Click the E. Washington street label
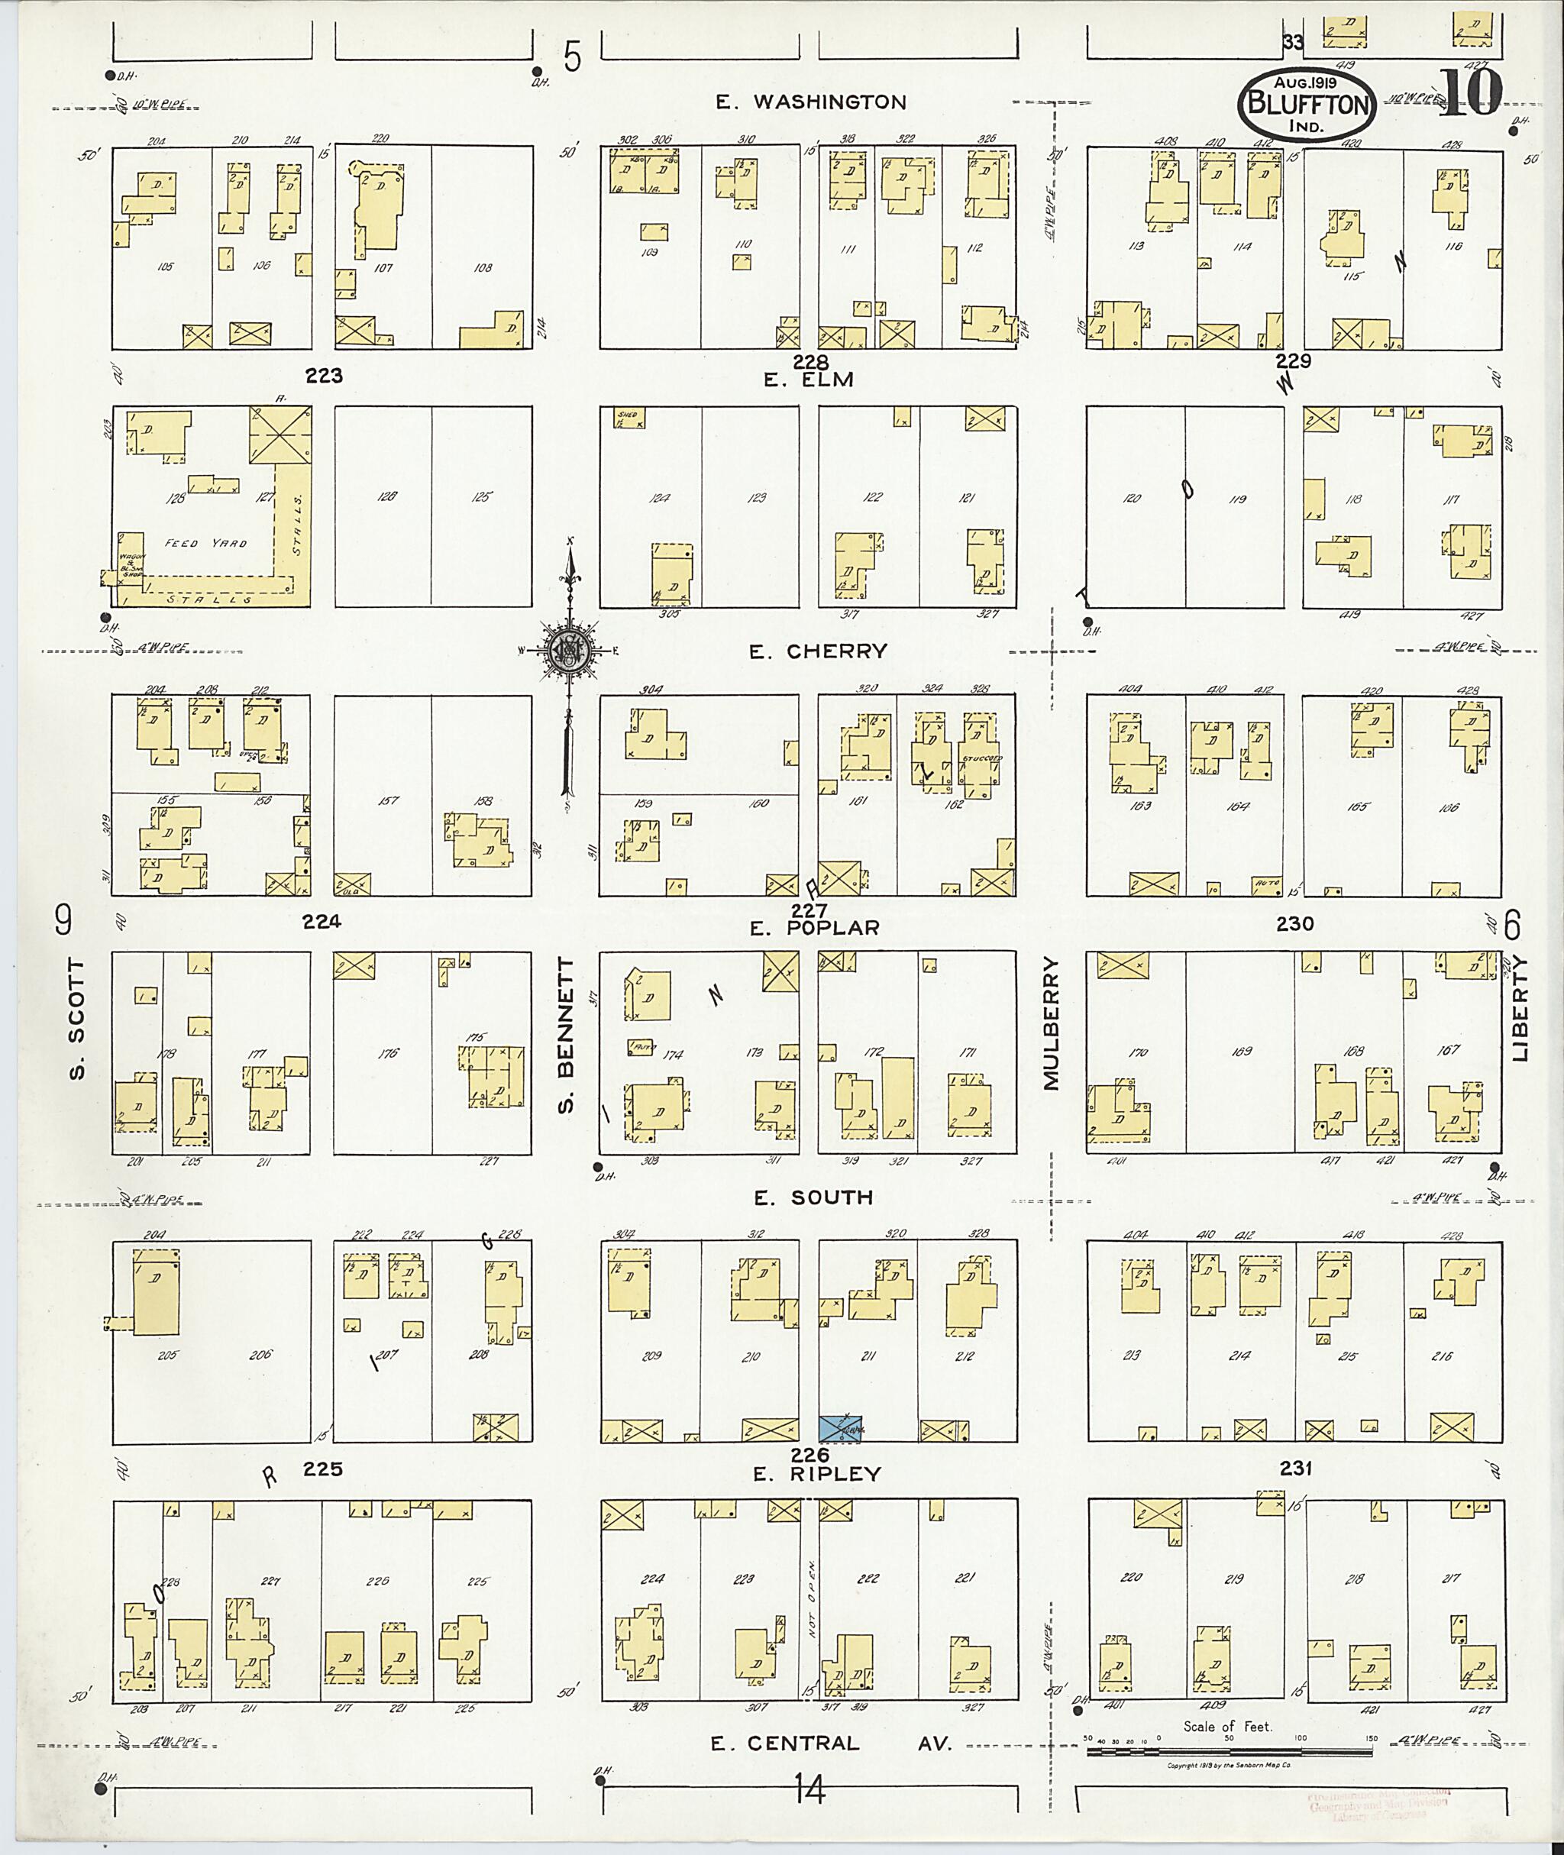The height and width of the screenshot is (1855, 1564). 810,103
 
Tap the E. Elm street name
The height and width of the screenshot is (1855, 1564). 808,380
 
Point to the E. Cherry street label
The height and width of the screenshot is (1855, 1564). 817,651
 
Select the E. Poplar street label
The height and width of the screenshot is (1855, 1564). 814,929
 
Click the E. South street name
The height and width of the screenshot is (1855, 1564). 813,1198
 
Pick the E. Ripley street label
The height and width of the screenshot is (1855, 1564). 816,1474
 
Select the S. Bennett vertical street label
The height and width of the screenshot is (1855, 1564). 567,1033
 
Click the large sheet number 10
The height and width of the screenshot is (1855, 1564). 1469,93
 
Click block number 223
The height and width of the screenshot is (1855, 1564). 324,376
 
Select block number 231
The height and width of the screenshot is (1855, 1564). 1294,1469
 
